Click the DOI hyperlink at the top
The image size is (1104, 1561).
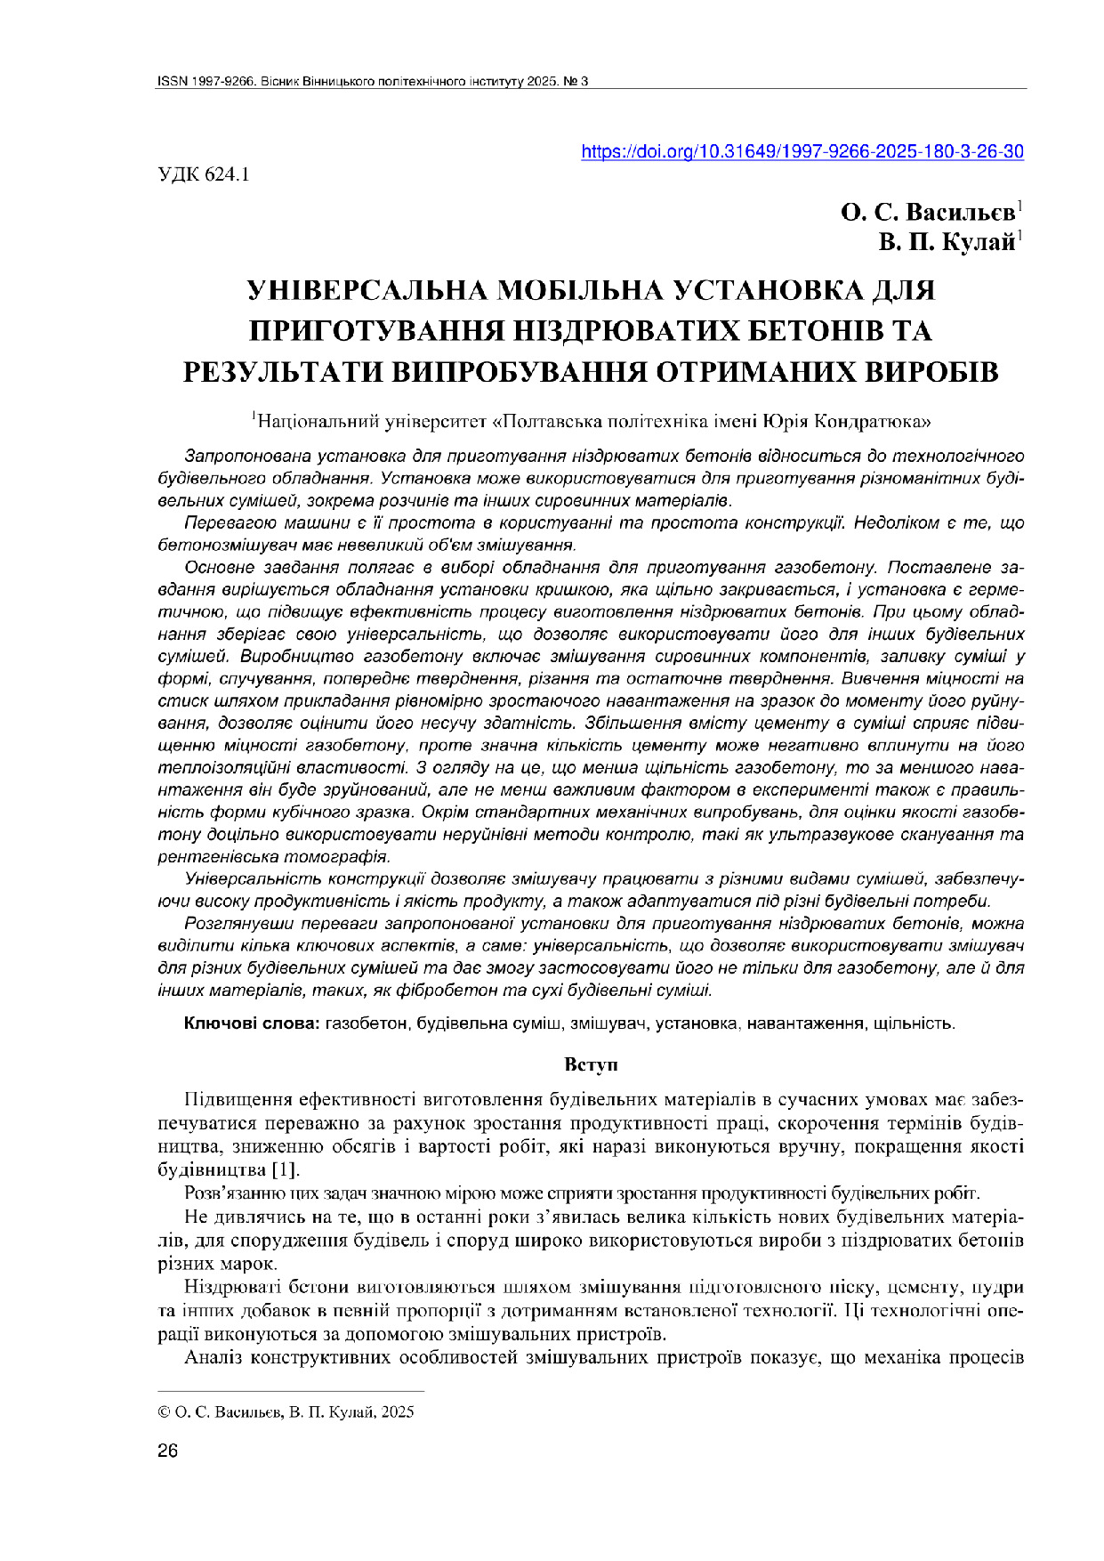[802, 152]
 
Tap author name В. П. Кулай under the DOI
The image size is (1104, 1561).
[947, 242]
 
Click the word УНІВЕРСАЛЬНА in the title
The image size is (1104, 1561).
[360, 291]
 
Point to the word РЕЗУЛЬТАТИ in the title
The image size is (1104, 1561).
[284, 371]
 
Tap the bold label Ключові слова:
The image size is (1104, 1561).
[252, 1023]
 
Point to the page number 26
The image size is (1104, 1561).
[167, 1452]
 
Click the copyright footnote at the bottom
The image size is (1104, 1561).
[286, 1411]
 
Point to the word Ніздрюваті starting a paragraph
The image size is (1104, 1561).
[223, 1288]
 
